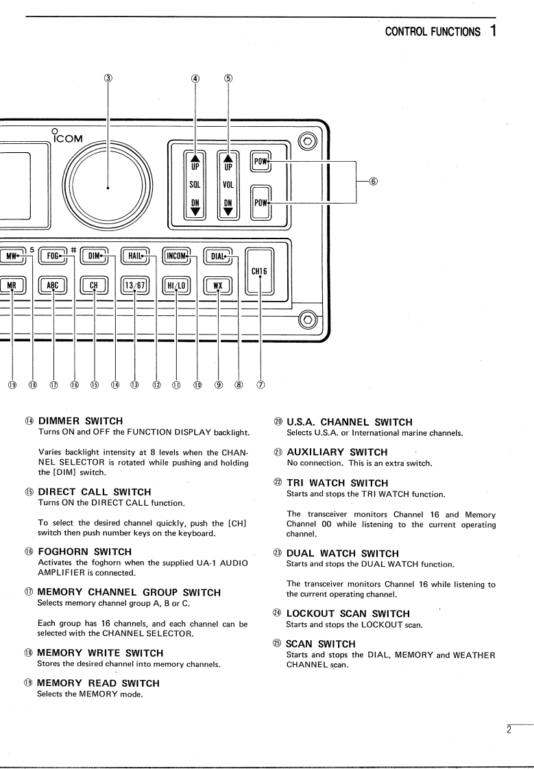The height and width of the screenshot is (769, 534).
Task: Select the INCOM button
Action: click(x=176, y=256)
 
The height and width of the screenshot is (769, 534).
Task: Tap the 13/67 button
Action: click(x=134, y=282)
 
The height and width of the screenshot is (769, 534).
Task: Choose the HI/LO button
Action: click(x=176, y=282)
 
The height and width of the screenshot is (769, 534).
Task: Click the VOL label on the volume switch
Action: click(x=229, y=184)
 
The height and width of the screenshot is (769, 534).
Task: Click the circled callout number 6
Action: click(x=372, y=182)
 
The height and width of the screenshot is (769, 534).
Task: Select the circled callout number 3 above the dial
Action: click(x=108, y=78)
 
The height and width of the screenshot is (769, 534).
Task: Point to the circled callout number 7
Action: click(x=260, y=384)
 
